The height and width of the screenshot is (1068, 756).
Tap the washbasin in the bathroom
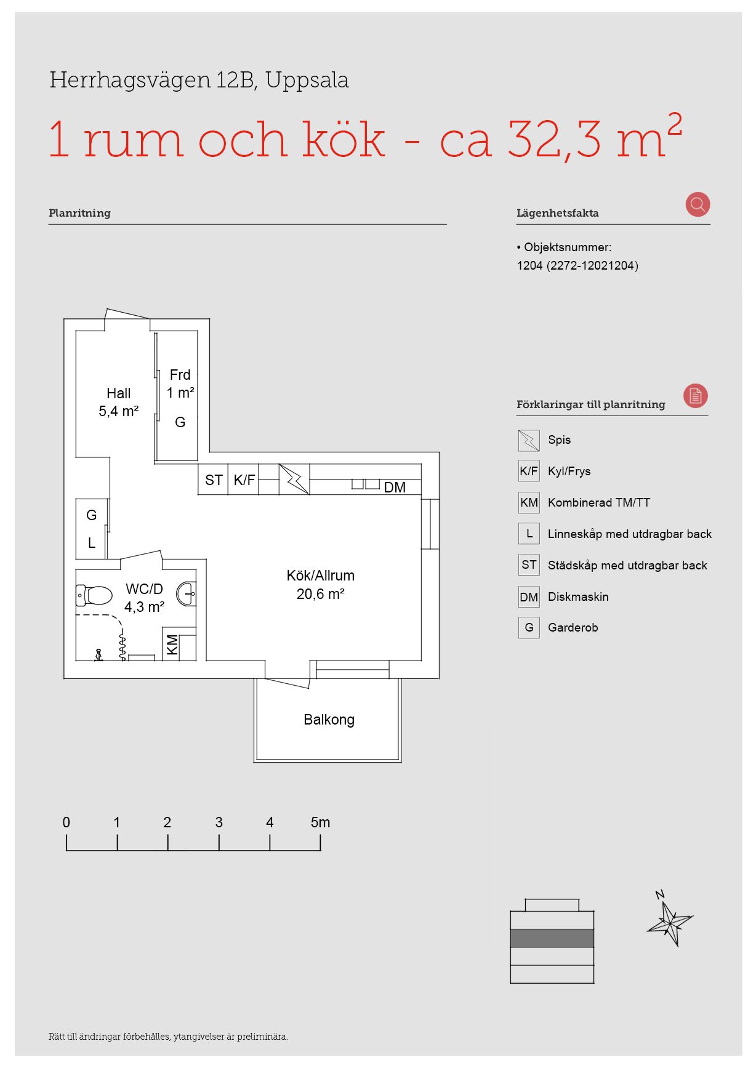pos(187,594)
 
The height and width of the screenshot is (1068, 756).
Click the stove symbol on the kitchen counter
pos(294,480)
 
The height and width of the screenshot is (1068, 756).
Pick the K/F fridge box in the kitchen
pos(244,480)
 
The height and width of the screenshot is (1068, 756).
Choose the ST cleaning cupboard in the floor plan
pos(214,480)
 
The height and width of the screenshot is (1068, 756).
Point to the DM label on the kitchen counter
pos(395,488)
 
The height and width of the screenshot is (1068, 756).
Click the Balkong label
pos(329,720)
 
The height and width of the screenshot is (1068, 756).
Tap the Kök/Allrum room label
pos(321,576)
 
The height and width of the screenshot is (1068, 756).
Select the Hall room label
pos(119,393)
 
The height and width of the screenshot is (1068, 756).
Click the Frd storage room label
pos(180,375)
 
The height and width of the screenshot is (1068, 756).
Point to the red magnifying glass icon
pos(698,204)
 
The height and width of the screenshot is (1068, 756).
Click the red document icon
pos(696,396)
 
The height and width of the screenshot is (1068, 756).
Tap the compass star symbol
pos(670,921)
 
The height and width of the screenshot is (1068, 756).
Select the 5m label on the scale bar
pos(320,822)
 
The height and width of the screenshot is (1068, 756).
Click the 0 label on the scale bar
pos(66,822)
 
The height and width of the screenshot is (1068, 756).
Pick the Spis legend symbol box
pos(529,440)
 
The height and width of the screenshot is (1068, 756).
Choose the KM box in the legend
pos(529,502)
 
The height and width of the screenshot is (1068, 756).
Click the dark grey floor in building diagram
pos(552,938)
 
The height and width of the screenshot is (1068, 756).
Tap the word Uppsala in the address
pos(307,81)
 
